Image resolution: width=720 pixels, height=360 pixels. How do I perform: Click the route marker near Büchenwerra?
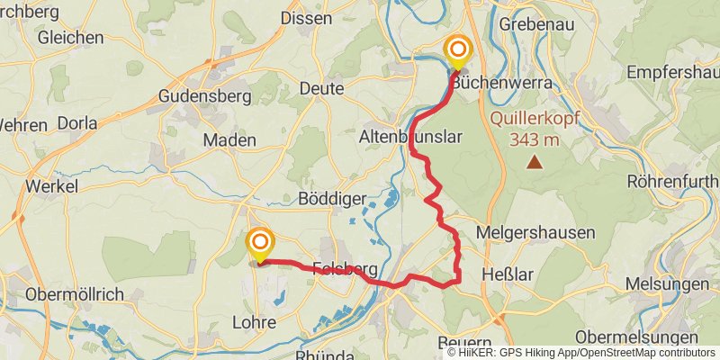[x=458, y=51]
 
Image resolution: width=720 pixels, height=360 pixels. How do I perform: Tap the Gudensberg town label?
[x=200, y=95]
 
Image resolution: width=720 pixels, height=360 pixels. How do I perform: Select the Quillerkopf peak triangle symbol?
[x=535, y=162]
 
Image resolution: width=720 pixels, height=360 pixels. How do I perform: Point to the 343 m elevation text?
[x=535, y=139]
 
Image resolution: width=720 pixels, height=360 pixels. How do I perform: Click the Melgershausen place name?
[x=535, y=232]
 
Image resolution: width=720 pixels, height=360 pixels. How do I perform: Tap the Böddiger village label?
[x=330, y=198]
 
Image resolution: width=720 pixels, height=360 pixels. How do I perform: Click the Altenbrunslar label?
[x=409, y=137]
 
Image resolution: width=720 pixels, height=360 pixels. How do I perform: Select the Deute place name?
[x=326, y=88]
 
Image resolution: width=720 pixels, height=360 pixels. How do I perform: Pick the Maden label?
[x=229, y=139]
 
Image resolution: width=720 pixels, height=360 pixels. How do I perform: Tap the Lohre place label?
[x=254, y=321]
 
